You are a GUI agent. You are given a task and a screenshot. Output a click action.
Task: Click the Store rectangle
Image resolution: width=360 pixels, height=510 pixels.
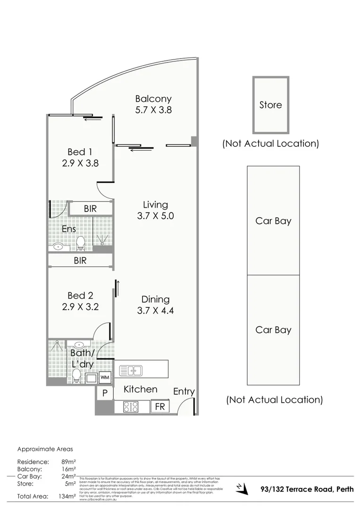pos(271,105)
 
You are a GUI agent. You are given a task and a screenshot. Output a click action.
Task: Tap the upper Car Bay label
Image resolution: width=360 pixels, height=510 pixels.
pos(273,221)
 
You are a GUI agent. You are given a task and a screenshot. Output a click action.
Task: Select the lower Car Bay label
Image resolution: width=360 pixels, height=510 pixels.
pos(273,330)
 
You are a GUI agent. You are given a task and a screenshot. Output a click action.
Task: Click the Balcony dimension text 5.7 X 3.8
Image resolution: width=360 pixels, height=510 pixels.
pos(153,110)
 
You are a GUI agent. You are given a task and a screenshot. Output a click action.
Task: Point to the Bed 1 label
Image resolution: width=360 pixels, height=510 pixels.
pos(80,152)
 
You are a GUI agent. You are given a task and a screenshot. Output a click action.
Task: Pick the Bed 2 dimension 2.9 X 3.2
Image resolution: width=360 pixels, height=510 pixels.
pos(80,307)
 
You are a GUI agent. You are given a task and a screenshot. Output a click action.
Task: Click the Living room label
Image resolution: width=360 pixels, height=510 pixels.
pos(155,204)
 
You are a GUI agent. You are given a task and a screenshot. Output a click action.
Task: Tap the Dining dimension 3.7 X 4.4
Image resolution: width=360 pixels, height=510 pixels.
pos(155,311)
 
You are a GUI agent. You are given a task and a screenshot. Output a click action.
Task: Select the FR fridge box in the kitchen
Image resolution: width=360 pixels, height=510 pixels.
pos(160,406)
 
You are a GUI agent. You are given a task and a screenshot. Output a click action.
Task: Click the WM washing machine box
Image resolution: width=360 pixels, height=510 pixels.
pos(105,377)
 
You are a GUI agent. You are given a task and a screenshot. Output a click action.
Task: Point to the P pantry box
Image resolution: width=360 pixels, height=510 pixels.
pos(105,393)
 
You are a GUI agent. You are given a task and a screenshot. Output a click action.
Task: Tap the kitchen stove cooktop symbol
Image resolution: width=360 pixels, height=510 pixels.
pos(131,407)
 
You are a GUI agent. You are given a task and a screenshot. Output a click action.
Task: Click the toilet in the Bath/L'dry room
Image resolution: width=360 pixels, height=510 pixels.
pos(76,376)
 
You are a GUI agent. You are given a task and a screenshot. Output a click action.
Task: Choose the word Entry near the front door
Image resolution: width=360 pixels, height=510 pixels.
pos(184,391)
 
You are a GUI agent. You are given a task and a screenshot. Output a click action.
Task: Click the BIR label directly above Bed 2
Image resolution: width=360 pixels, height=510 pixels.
pos(80,260)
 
